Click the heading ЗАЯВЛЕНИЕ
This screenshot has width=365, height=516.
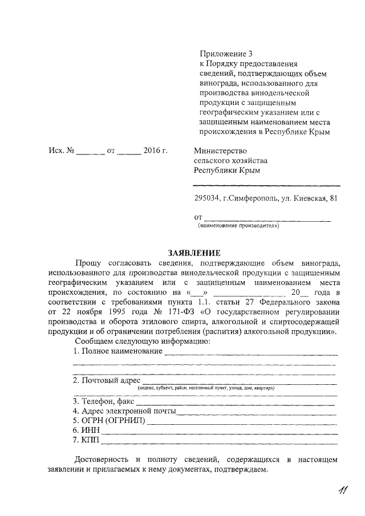(x=193, y=253)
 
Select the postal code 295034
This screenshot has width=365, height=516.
(x=206, y=198)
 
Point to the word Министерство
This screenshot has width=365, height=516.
(x=220, y=151)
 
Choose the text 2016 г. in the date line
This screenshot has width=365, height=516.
(x=155, y=151)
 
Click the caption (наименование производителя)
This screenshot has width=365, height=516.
(x=238, y=226)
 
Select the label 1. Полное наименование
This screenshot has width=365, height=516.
(x=117, y=352)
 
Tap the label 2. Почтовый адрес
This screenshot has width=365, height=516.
(x=107, y=381)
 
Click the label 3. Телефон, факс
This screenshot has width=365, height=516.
(x=106, y=401)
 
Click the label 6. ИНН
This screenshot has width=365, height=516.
(x=86, y=430)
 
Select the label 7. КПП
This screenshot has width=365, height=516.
(x=86, y=440)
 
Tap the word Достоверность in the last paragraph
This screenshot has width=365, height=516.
(x=101, y=460)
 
